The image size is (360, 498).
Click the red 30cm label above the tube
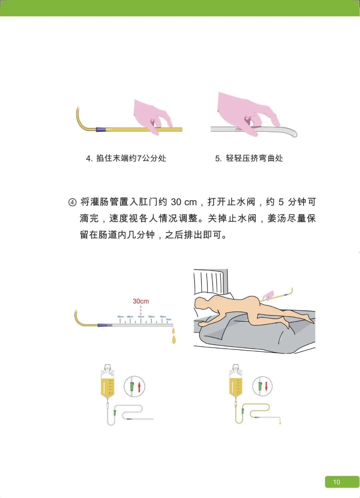(141, 301)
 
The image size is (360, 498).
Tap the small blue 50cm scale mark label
(120, 317)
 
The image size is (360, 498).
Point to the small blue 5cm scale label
(169, 319)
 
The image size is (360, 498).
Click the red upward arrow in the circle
(139, 387)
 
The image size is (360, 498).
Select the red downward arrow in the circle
(266, 386)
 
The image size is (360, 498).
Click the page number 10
(337, 482)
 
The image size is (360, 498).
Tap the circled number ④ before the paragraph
(72, 202)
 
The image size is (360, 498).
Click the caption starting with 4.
(126, 158)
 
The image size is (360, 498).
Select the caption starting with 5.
(249, 158)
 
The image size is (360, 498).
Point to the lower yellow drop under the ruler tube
(174, 340)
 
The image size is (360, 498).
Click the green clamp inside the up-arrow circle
(132, 387)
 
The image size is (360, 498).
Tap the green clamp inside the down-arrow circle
(260, 386)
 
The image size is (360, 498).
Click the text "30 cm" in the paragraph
(184, 202)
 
